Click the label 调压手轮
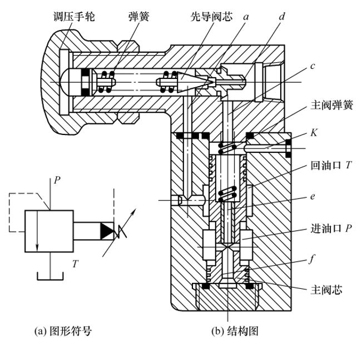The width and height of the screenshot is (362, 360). pos(74,17)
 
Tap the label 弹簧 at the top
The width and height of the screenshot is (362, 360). pos(139,17)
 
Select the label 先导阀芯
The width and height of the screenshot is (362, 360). pos(212,17)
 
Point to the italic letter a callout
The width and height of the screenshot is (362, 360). pos(246,17)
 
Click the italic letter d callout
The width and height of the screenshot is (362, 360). pos(282,16)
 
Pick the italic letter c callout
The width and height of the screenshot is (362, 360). pos(313,66)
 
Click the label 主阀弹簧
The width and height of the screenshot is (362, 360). pos(332,105)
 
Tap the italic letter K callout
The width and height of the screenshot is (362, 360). pos(314,133)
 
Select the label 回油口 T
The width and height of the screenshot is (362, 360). pos(331,165)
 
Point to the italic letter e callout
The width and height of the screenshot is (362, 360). pos(313,197)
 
